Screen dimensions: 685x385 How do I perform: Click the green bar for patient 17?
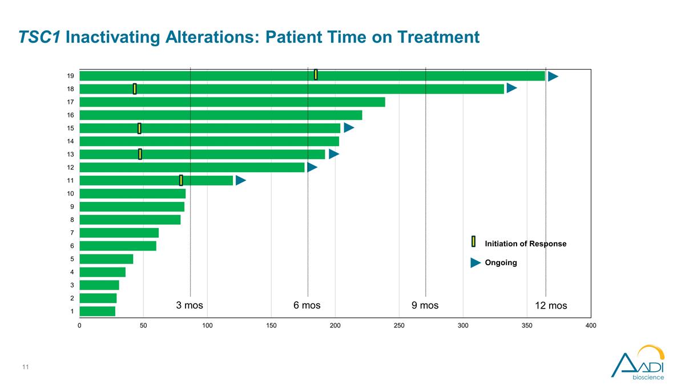click(x=232, y=102)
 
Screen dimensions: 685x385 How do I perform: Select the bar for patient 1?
click(x=98, y=311)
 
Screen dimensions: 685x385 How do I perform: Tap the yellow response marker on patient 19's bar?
click(x=316, y=75)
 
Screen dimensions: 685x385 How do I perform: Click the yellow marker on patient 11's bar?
click(x=181, y=180)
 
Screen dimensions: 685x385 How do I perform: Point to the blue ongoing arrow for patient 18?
click(x=511, y=88)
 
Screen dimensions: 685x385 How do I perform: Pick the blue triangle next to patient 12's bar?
click(x=312, y=167)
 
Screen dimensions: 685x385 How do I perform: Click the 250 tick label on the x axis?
click(x=399, y=326)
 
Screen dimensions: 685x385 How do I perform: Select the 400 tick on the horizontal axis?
click(x=591, y=326)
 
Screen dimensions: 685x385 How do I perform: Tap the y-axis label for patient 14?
click(x=70, y=141)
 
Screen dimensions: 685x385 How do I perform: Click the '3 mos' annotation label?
click(x=190, y=305)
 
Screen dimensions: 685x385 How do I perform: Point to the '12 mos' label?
click(x=551, y=306)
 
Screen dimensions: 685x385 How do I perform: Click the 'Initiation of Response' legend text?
click(x=526, y=244)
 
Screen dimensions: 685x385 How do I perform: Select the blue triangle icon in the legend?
click(x=476, y=262)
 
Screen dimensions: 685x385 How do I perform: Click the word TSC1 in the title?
click(x=39, y=37)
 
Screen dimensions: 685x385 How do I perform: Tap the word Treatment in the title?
click(x=438, y=37)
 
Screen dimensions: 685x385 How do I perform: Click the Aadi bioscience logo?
click(x=638, y=363)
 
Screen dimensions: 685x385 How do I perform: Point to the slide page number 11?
click(x=25, y=367)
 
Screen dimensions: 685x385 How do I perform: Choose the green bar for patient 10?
click(x=132, y=193)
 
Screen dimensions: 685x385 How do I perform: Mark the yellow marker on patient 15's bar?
click(x=139, y=128)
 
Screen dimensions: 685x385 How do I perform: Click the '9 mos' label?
click(x=425, y=305)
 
